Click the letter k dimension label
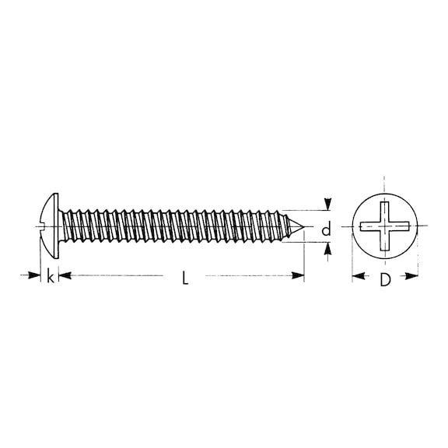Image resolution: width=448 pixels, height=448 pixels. pyautogui.click(x=51, y=276)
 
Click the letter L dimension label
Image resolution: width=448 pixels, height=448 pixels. pyautogui.click(x=185, y=278)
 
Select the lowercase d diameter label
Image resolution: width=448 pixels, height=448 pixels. pyautogui.click(x=327, y=229)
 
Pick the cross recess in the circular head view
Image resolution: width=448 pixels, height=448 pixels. pyautogui.click(x=385, y=226)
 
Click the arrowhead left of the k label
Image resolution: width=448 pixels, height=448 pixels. pyautogui.click(x=35, y=275)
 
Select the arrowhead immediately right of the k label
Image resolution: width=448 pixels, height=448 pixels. pyautogui.click(x=64, y=275)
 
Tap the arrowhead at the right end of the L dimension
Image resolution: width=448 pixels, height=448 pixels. pyautogui.click(x=298, y=275)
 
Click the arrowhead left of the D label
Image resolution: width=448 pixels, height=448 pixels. pyautogui.click(x=358, y=275)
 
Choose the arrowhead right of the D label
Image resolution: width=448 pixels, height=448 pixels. pyautogui.click(x=413, y=275)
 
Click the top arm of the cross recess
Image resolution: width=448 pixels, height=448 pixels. pyautogui.click(x=384, y=210)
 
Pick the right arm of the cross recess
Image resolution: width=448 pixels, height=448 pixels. pyautogui.click(x=402, y=226)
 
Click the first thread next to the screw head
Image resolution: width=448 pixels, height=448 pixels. pyautogui.click(x=66, y=226)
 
